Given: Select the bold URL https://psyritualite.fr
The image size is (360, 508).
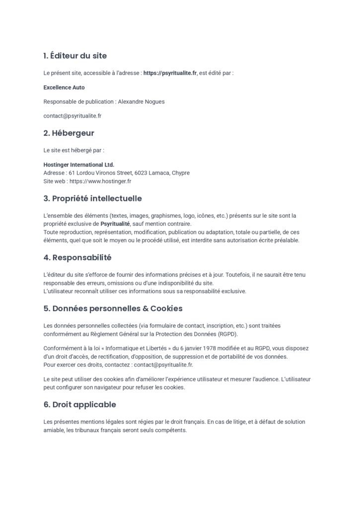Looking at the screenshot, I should click(x=170, y=73).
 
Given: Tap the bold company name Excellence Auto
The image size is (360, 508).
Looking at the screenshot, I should click(x=64, y=87).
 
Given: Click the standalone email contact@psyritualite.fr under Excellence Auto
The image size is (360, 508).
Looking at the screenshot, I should click(x=72, y=116).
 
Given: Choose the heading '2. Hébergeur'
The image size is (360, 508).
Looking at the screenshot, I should click(x=69, y=133).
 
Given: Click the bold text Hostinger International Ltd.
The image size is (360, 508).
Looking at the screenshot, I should click(x=79, y=165).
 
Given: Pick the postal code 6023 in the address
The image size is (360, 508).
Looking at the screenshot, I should click(x=142, y=173).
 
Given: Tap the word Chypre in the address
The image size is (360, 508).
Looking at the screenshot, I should click(x=180, y=173).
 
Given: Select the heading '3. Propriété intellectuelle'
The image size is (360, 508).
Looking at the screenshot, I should click(x=92, y=198).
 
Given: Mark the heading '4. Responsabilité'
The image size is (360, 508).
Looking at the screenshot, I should click(x=77, y=258).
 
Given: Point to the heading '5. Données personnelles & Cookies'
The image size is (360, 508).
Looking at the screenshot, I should click(x=113, y=309).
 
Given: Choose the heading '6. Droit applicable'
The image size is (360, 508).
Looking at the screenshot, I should click(x=79, y=404).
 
